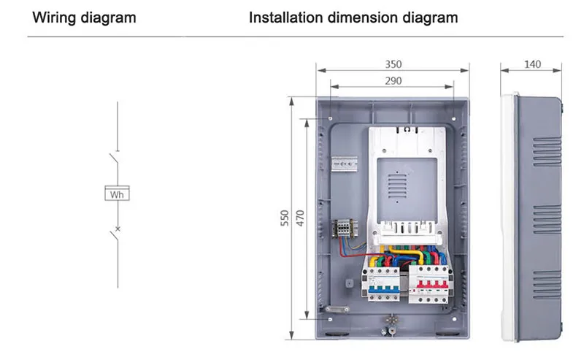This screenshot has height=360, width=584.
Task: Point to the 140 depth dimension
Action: [x=532, y=64]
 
